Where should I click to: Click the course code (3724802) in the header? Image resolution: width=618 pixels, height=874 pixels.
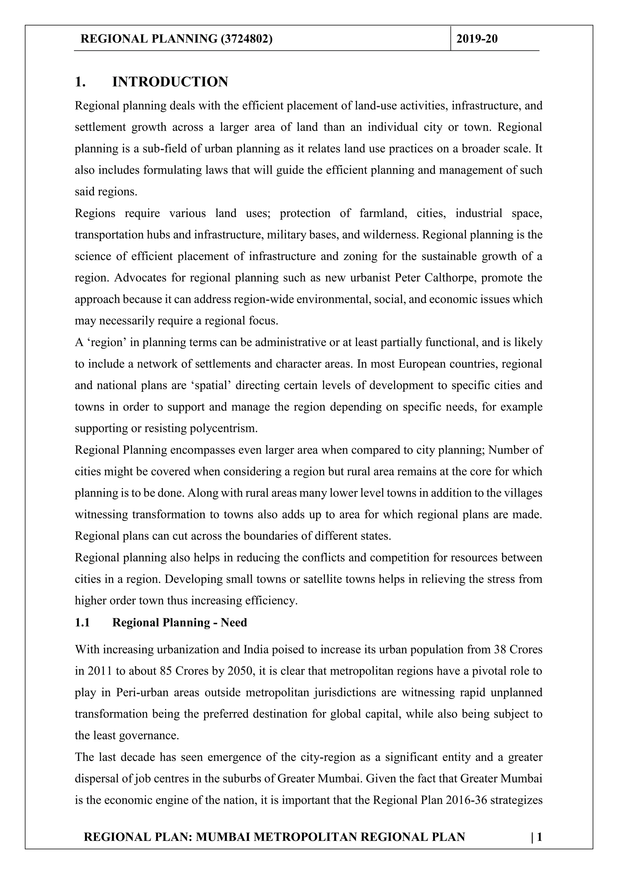tap(246, 39)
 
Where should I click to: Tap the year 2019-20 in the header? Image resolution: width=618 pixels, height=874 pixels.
tap(477, 39)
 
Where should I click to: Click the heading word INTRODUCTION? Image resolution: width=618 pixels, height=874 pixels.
tap(170, 82)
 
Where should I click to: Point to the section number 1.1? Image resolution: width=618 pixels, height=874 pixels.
tap(82, 622)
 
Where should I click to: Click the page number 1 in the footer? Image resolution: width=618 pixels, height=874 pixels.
tap(539, 837)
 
